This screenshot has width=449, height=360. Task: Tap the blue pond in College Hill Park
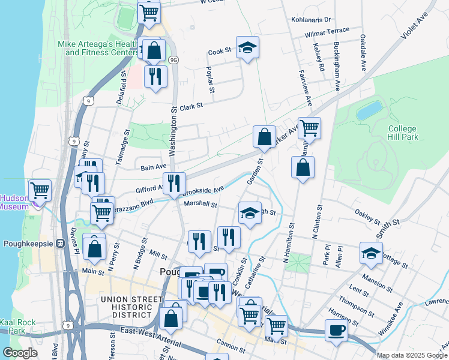369,110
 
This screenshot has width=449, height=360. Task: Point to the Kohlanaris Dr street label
311,20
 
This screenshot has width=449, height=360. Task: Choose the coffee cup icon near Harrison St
336,330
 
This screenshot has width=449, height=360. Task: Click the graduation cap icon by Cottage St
372,253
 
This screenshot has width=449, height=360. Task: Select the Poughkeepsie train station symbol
60,244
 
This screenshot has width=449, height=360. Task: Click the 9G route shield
173,60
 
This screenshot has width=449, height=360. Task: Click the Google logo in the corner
20,353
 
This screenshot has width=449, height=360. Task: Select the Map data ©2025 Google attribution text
411,355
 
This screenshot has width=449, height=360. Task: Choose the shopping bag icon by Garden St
264,137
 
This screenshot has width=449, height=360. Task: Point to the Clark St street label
191,105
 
